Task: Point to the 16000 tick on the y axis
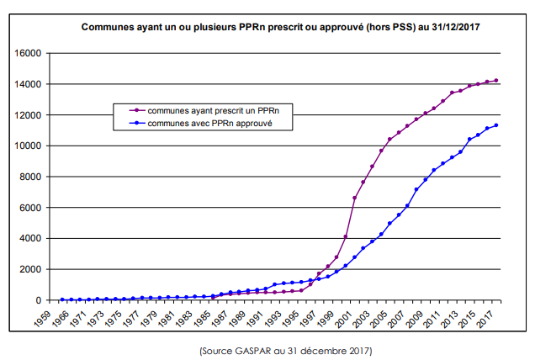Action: tap(28, 53)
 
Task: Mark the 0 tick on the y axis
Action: tap(39, 300)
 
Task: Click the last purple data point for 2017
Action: tap(496, 81)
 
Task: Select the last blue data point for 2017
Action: tap(496, 125)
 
